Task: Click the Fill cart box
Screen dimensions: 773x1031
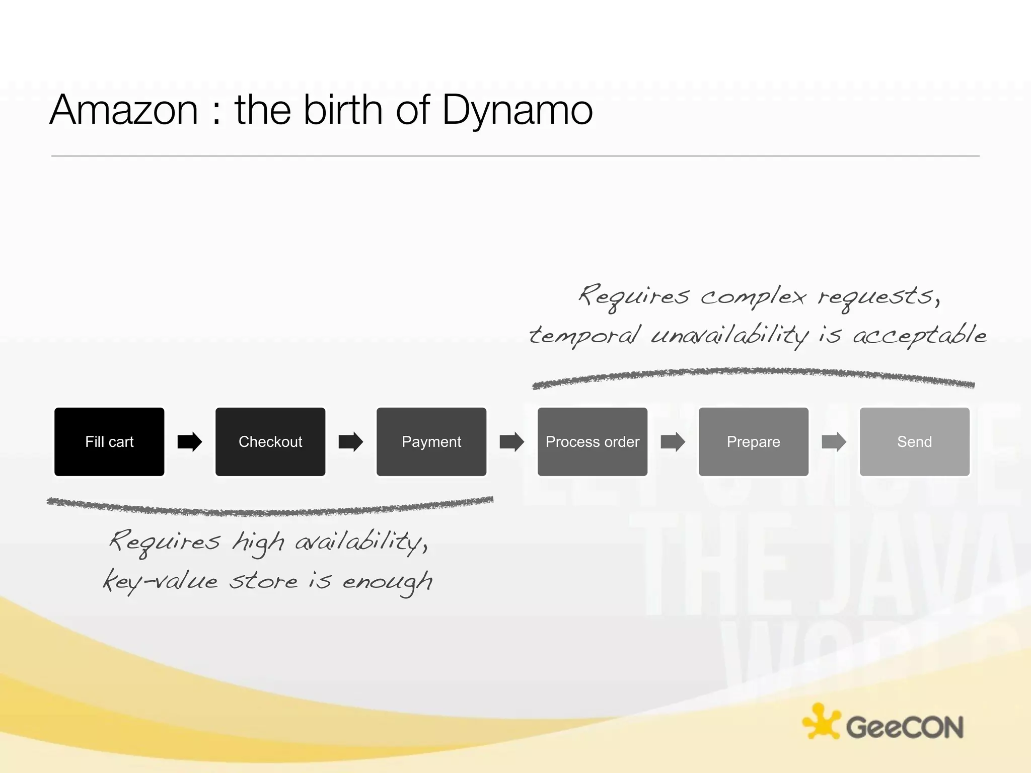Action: [109, 441]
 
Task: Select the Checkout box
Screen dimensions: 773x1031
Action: [270, 441]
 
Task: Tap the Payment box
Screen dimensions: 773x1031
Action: [431, 441]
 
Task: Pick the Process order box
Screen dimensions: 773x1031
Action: [593, 441]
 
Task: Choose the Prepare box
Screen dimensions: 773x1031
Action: [754, 441]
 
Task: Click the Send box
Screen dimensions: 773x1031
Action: [915, 441]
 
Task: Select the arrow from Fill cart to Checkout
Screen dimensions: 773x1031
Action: [190, 442]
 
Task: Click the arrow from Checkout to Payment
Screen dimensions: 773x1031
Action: [351, 442]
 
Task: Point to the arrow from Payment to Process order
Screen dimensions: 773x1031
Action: [512, 442]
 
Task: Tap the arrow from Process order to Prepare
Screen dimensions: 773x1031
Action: [673, 442]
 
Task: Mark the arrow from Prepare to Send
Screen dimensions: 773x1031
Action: [834, 442]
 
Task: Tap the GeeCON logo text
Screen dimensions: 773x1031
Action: [905, 727]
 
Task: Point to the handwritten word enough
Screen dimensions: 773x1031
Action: [387, 583]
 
